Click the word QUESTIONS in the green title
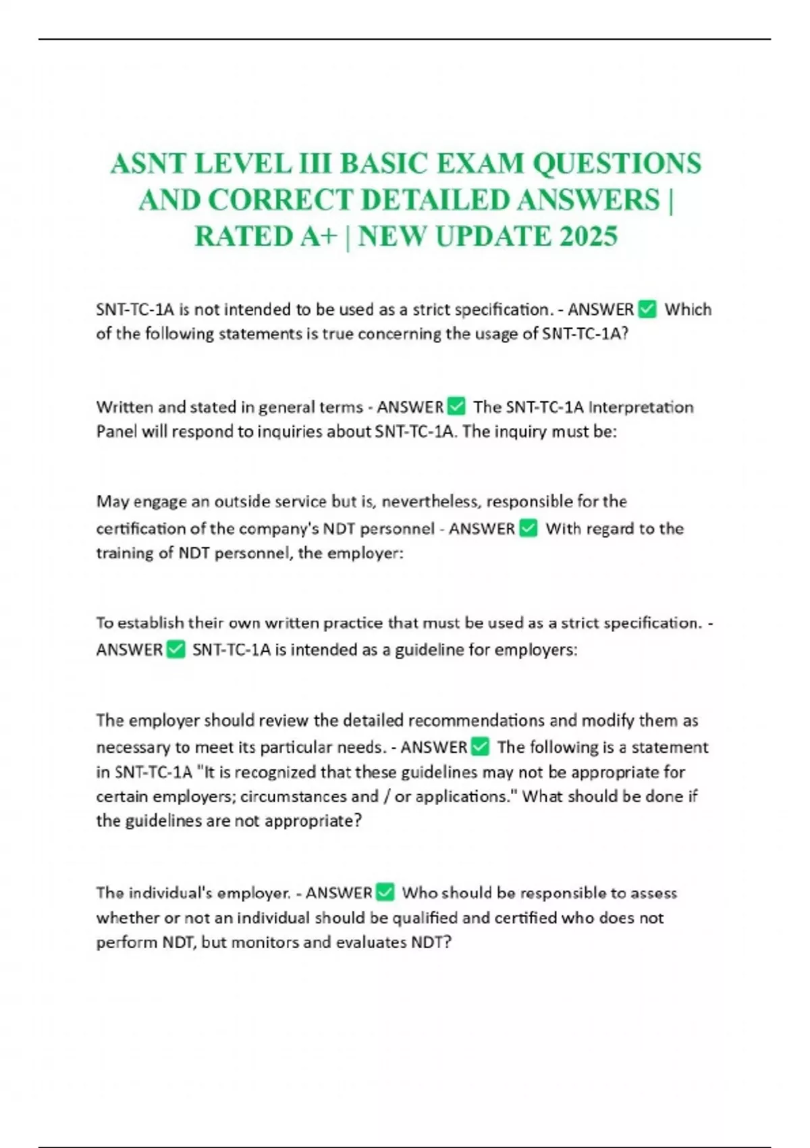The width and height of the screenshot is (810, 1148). click(x=617, y=163)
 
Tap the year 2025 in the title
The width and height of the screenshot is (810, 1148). click(x=588, y=236)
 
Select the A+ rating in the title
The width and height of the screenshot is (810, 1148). click(x=314, y=236)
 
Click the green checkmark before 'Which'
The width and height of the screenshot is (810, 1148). click(x=647, y=309)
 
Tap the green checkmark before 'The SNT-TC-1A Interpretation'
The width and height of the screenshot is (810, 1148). click(x=456, y=407)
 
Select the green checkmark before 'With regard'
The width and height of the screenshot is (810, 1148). click(x=529, y=528)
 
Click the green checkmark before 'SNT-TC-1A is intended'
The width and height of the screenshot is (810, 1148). click(x=175, y=650)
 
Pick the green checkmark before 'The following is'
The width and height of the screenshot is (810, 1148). click(x=480, y=747)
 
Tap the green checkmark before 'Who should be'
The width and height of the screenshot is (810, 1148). click(x=385, y=893)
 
